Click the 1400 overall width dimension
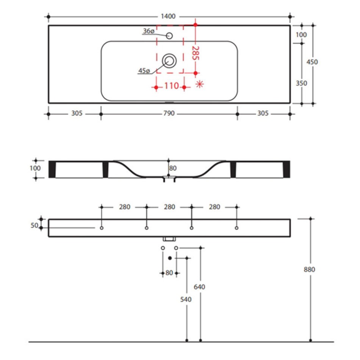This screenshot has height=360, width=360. (x=168, y=16)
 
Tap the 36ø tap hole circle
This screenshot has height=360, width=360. (x=169, y=36)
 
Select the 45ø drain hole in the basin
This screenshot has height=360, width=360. (x=169, y=61)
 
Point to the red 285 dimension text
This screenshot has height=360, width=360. (x=196, y=53)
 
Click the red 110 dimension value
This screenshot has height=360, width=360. (x=172, y=86)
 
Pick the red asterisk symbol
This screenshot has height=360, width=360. (x=199, y=84)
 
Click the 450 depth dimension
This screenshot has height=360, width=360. (x=312, y=62)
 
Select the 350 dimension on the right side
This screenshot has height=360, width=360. (x=301, y=83)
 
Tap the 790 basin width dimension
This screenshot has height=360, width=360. (x=169, y=113)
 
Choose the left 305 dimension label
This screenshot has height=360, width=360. (x=77, y=113)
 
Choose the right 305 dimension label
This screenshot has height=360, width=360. (x=263, y=113)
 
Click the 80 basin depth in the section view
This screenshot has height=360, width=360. (x=173, y=168)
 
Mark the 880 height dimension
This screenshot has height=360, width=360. (x=310, y=269)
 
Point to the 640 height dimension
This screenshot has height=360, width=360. (x=199, y=287)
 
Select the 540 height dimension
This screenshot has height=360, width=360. (x=186, y=299)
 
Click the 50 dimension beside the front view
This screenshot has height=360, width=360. (x=34, y=225)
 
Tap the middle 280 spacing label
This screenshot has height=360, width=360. (x=169, y=207)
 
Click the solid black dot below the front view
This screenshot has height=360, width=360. (x=170, y=258)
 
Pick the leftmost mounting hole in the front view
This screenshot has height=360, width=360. (x=102, y=228)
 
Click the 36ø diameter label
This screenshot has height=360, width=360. (x=149, y=31)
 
